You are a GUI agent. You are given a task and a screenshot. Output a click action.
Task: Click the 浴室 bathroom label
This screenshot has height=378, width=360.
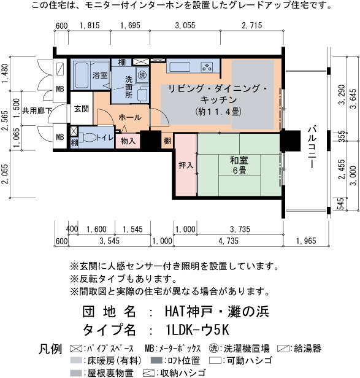pyautogui.click(x=100, y=75)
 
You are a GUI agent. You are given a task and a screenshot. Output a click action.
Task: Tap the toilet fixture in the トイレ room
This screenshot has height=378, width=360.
pyautogui.click(x=87, y=137)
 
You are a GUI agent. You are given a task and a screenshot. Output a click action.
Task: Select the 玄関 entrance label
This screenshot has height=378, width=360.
pyautogui.click(x=82, y=109)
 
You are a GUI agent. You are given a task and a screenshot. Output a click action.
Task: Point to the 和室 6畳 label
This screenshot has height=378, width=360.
pyautogui.click(x=239, y=165)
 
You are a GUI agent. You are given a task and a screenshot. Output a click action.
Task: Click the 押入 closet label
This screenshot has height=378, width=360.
pyautogui.click(x=186, y=165)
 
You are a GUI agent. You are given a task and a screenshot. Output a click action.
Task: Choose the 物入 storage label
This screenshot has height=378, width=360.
pyautogui.click(x=128, y=141)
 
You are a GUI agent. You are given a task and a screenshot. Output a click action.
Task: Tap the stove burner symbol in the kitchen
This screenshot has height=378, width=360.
pyautogui.click(x=207, y=67)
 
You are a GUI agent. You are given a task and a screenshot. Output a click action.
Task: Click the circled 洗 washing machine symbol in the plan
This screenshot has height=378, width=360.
pyautogui.click(x=142, y=75)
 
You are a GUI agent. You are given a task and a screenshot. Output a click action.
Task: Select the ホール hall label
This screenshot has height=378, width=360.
pyautogui.click(x=129, y=117)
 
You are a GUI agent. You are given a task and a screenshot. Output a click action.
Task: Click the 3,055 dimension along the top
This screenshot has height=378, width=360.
pyautogui.click(x=185, y=25)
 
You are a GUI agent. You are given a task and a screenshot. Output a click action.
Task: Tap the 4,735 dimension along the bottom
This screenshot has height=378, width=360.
pyautogui.click(x=228, y=241)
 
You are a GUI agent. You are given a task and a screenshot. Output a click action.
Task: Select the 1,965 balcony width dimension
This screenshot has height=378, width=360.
pyautogui.click(x=306, y=241)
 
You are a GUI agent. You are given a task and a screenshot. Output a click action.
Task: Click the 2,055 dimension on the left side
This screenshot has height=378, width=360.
pyautogui.click(x=5, y=174)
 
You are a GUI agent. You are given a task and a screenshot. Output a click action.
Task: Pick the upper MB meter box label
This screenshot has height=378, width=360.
pyautogui.click(x=60, y=89)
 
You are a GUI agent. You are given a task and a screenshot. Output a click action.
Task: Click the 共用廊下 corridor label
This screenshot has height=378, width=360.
pyautogui.click(x=37, y=111)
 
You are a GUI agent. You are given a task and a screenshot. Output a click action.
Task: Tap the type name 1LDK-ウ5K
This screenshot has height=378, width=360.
pyautogui.click(x=197, y=330)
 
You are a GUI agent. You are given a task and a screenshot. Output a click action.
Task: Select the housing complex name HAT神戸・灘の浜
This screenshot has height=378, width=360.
pyautogui.click(x=217, y=311)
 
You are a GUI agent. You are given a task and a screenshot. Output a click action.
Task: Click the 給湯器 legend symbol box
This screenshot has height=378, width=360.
pyautogui.click(x=283, y=349)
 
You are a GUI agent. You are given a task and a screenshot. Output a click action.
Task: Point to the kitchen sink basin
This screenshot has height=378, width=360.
pyautogui.click(x=180, y=67)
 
